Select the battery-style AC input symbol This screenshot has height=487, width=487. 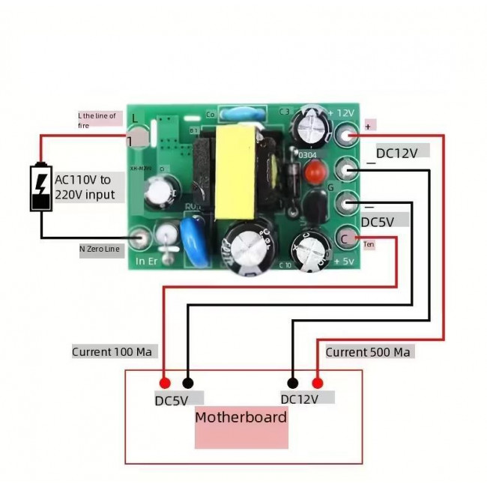[x=41, y=188]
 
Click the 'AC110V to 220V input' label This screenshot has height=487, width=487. [x=85, y=187]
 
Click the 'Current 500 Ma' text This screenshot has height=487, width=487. [x=368, y=351]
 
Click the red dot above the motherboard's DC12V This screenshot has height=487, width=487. [x=318, y=382]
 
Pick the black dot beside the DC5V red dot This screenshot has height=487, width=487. [x=187, y=382]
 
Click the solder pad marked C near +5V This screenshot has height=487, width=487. [x=346, y=238]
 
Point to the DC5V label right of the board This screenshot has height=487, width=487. [x=384, y=221]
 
